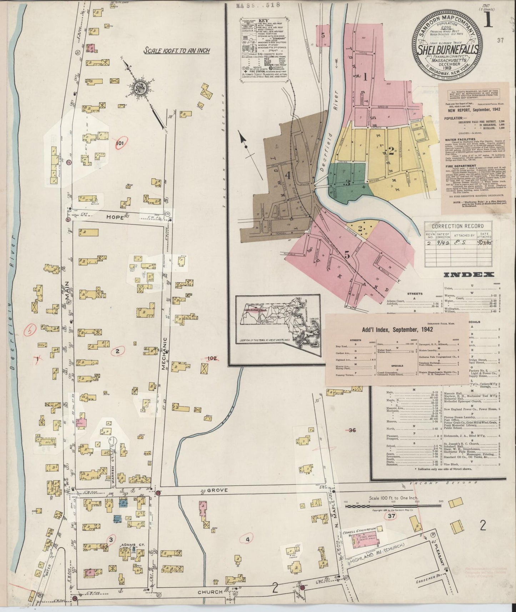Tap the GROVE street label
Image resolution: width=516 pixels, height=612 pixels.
(219, 491)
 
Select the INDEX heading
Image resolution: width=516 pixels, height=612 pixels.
(469, 274)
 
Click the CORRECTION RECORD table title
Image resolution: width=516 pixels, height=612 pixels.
(457, 226)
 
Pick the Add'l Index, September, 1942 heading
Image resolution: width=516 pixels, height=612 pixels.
(397, 329)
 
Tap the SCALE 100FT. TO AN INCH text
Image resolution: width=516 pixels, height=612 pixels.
(176, 50)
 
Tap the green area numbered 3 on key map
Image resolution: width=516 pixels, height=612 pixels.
(347, 182)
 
